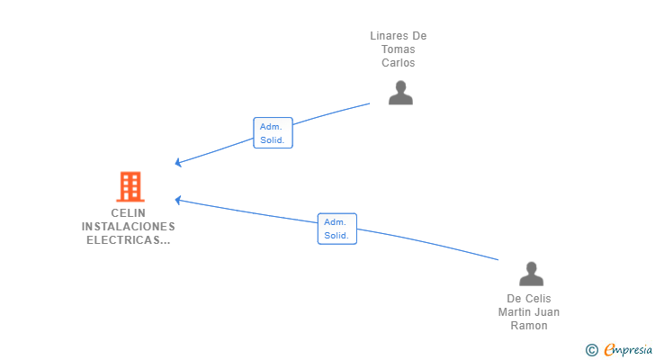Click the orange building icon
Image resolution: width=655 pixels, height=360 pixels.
tap(130, 186)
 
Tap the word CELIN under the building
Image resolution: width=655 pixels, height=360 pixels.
tap(129, 213)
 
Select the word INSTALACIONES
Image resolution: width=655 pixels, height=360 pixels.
tap(129, 227)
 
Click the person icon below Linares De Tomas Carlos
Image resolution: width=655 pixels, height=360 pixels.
tap(400, 93)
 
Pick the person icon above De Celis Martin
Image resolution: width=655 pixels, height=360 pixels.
tap(531, 274)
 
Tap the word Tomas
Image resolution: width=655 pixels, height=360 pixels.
tap(399, 49)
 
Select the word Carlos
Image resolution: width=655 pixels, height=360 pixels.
tap(399, 63)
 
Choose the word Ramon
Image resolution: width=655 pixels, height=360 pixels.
tap(529, 326)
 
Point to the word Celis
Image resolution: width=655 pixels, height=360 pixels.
tap(538, 299)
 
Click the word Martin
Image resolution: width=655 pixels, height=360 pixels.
tap(516, 312)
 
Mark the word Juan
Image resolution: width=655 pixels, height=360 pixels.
tap(548, 312)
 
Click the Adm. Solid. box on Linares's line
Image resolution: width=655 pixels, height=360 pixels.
tap(273, 133)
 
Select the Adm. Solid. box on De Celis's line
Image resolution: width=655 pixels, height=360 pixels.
tap(336, 229)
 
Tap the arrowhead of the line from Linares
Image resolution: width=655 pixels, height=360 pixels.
tap(178, 163)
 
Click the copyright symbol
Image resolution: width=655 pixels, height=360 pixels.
tap(591, 350)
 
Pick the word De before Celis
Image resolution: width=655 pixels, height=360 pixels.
tap(515, 299)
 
